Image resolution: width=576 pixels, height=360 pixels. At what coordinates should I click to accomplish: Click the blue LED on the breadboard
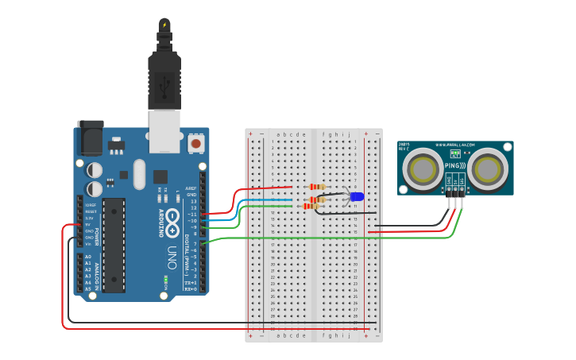(357, 196)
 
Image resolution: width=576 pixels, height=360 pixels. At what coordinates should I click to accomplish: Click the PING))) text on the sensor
(454, 166)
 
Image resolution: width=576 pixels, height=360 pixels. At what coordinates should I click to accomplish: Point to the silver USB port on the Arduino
(165, 131)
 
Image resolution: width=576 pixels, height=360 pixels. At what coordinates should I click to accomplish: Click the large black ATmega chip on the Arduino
(114, 245)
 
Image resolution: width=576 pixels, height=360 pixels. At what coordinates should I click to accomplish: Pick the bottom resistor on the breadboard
(311, 207)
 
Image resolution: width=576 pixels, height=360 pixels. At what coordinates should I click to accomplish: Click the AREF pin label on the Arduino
(191, 188)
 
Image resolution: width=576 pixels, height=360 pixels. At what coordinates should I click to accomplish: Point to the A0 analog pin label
(88, 257)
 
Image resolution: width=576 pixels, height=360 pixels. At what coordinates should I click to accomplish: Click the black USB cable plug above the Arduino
(164, 79)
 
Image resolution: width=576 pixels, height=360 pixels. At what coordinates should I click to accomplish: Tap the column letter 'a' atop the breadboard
(277, 134)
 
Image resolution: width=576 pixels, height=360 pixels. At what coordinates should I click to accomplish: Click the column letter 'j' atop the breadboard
(348, 134)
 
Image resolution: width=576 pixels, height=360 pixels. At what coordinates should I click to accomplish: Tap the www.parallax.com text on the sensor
(455, 145)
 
